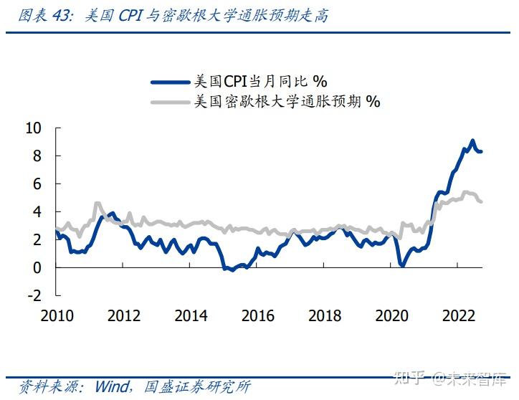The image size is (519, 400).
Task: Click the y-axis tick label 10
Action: [34, 128]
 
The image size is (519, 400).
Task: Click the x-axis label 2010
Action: [56, 316]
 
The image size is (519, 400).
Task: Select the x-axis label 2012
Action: [123, 316]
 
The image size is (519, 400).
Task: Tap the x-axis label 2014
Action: [191, 316]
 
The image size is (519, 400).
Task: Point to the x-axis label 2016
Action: [258, 316]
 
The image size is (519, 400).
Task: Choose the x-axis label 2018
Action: [325, 316]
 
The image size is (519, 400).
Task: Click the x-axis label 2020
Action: [392, 316]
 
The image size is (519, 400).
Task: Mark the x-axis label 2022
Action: [460, 316]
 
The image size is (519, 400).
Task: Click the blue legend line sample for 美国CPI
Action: [171, 82]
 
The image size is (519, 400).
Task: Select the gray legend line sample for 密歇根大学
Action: [171, 102]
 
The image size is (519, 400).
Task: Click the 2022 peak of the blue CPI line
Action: [472, 141]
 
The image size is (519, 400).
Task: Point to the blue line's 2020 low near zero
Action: [403, 266]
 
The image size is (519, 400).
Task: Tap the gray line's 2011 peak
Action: [98, 204]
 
